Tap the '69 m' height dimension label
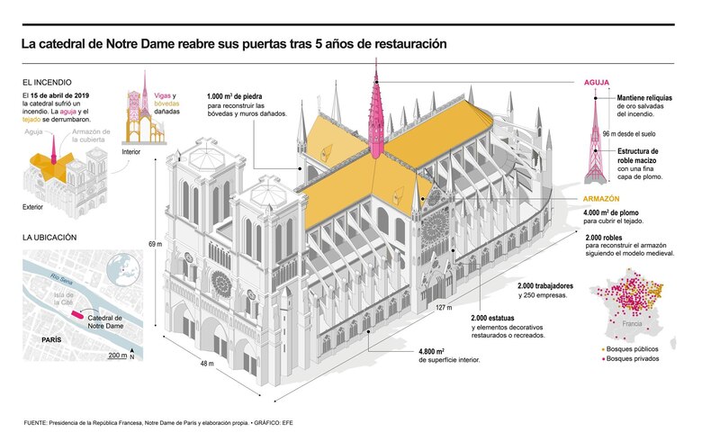[154, 244]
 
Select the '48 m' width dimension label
[206, 364]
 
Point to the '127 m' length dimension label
[443, 308]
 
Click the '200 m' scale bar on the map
[117, 356]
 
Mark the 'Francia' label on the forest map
[632, 323]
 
